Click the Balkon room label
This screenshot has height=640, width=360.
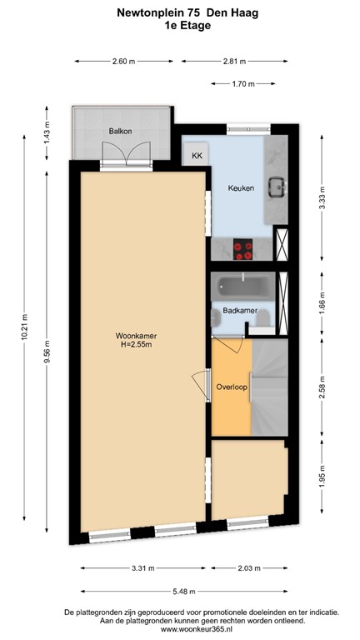pyautogui.click(x=121, y=132)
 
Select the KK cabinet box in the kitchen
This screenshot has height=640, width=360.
pyautogui.click(x=197, y=156)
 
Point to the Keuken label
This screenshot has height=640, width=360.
pyautogui.click(x=242, y=188)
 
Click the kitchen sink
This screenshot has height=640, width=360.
pyautogui.click(x=275, y=187)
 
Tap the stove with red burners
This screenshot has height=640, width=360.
pyautogui.click(x=244, y=247)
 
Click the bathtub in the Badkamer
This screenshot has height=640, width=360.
pyautogui.click(x=242, y=287)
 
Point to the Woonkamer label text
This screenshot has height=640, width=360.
pyautogui.click(x=137, y=336)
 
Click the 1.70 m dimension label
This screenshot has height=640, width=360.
pyautogui.click(x=243, y=83)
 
